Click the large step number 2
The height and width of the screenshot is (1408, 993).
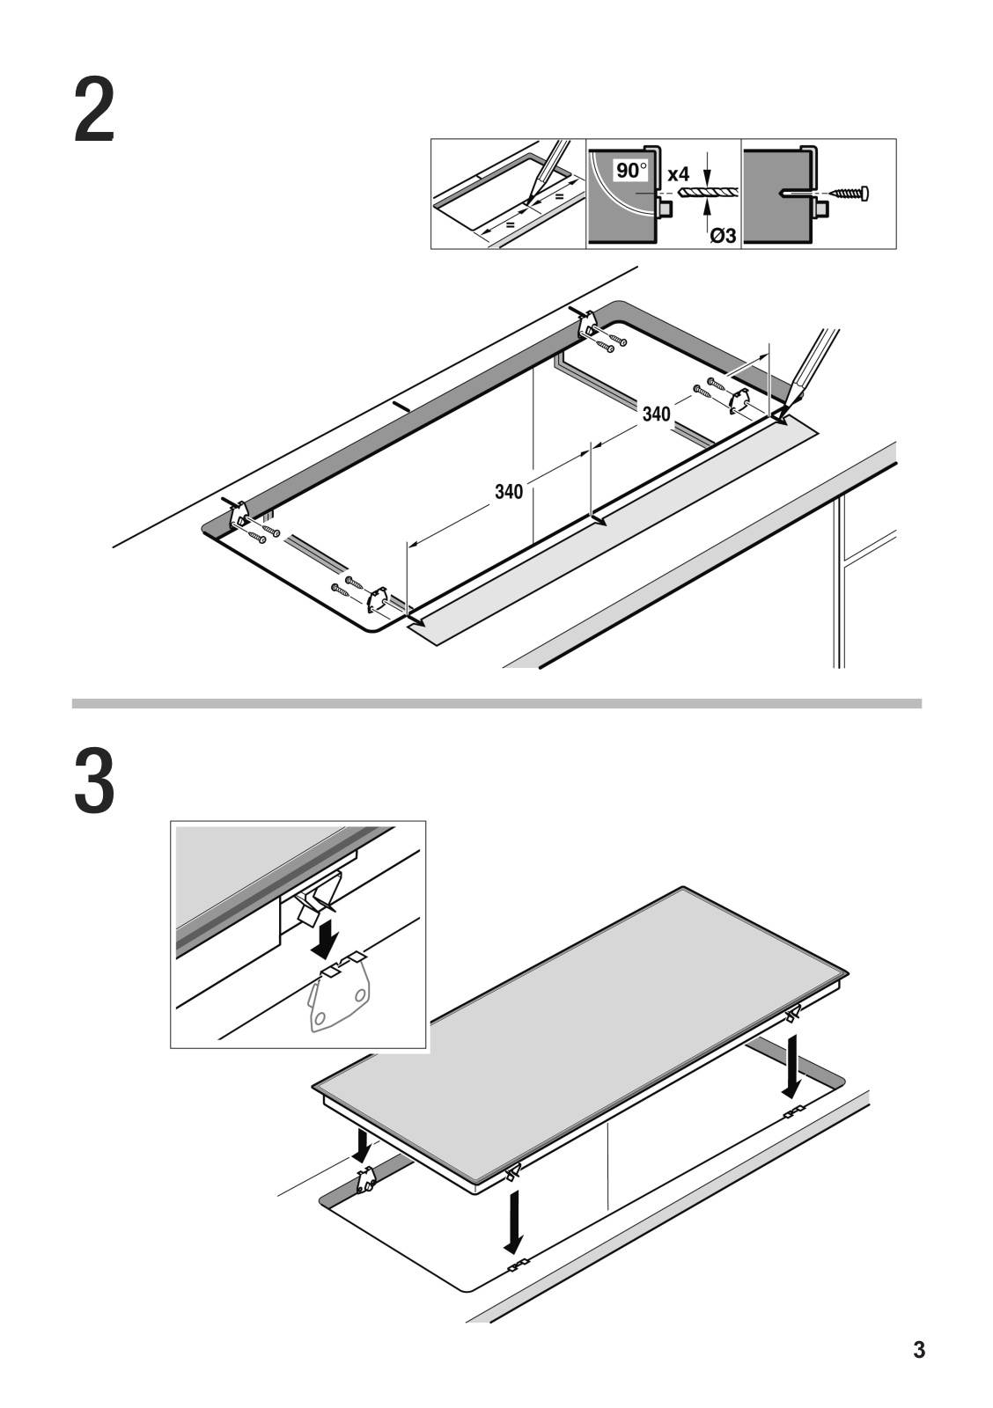[x=94, y=111]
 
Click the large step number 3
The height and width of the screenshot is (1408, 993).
[x=94, y=781]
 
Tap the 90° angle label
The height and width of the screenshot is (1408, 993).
[x=630, y=171]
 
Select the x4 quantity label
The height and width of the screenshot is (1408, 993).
[x=678, y=174]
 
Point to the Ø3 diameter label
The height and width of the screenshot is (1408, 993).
[x=722, y=235]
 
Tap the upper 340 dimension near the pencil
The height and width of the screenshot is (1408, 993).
[x=656, y=414]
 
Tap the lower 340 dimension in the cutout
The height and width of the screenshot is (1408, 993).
[x=508, y=491]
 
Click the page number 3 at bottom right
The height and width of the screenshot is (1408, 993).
[x=919, y=1350]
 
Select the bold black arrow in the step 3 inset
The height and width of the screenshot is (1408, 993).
[x=327, y=940]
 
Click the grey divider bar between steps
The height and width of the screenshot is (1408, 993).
[x=496, y=704]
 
